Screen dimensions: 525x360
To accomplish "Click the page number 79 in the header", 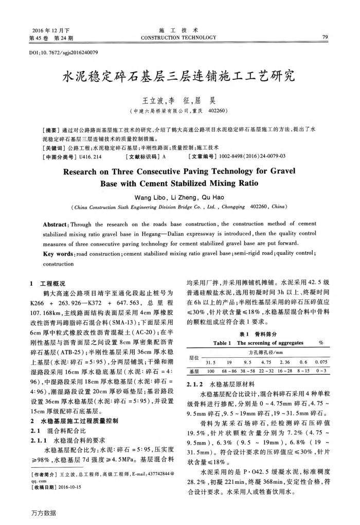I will (325, 37).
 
